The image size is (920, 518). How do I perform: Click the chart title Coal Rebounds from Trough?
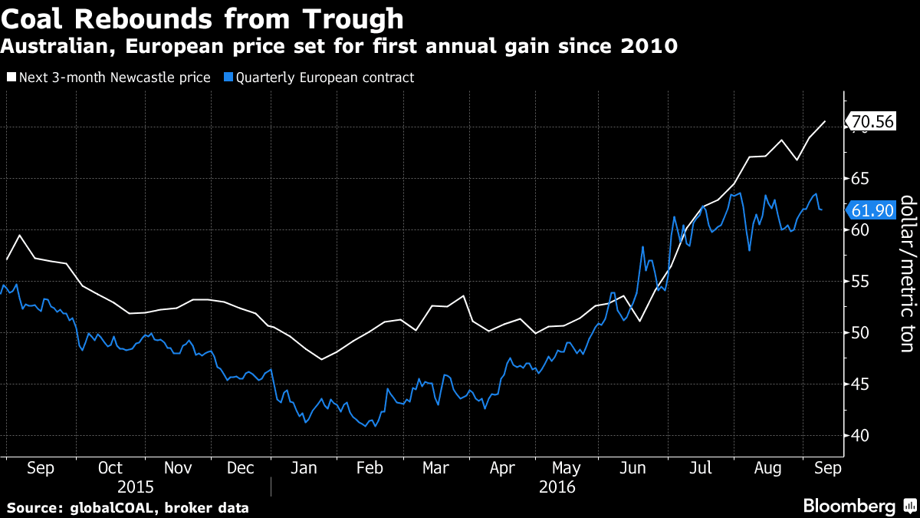(x=202, y=18)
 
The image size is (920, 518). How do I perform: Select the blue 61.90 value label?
(x=872, y=210)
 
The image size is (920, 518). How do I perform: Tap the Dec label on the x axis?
(x=241, y=468)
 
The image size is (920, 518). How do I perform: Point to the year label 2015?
(x=136, y=487)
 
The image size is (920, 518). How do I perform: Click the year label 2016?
(x=557, y=487)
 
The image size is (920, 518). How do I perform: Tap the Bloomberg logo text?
(x=849, y=506)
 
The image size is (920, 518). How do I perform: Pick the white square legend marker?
(x=11, y=77)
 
